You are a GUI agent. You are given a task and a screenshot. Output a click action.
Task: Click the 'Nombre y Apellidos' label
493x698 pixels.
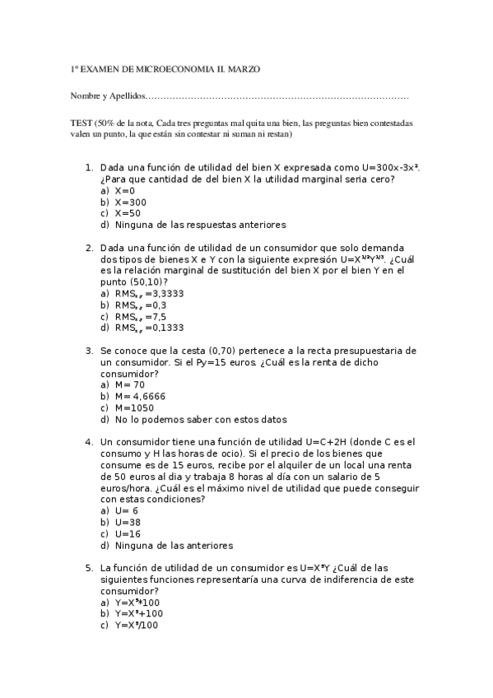click(107, 97)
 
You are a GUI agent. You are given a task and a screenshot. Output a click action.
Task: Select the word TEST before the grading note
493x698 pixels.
click(81, 122)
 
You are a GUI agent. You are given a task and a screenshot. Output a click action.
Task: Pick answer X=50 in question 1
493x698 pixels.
click(128, 213)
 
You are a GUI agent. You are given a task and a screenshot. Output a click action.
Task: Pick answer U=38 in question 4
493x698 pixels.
click(128, 522)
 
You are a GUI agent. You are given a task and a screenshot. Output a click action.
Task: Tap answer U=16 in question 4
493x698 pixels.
click(128, 533)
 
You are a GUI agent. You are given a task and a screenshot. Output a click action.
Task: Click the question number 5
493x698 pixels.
click(89, 567)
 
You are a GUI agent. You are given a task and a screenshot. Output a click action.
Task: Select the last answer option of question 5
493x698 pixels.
click(136, 625)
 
